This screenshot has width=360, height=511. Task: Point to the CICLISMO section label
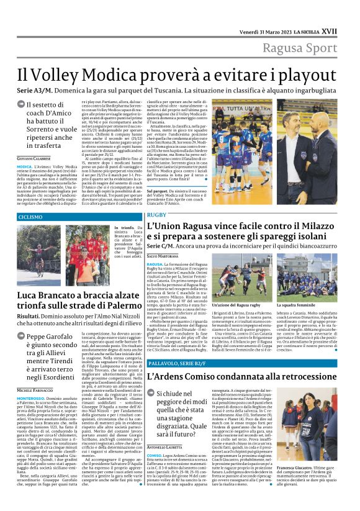point(30,217)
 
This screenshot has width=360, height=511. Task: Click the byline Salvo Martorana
point(163,256)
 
